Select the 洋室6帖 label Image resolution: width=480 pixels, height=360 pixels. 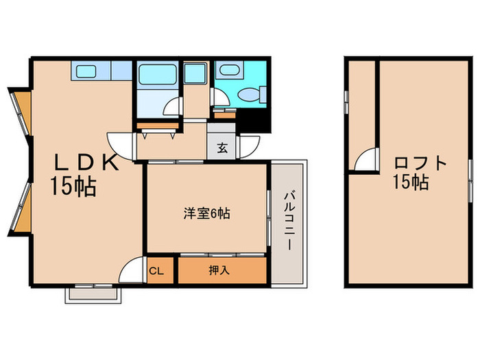point(206,213)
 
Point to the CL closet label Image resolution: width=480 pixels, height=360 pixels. point(156,270)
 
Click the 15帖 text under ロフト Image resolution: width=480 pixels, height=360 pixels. point(411,182)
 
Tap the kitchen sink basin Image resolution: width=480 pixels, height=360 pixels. point(86,71)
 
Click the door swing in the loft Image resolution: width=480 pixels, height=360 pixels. point(367,160)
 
